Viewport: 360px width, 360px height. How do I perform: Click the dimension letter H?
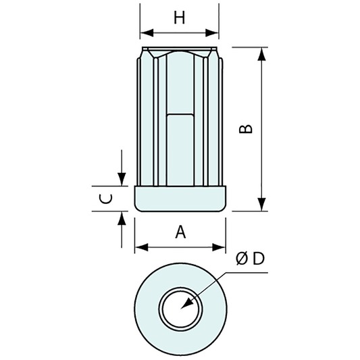click(179, 18)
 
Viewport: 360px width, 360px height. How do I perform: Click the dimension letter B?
click(247, 127)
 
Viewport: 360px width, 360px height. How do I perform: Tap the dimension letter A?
click(180, 232)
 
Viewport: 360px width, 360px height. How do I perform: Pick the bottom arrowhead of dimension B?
click(262, 205)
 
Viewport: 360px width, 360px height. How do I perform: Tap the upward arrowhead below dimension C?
click(122, 217)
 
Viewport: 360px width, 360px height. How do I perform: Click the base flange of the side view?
click(180, 199)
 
